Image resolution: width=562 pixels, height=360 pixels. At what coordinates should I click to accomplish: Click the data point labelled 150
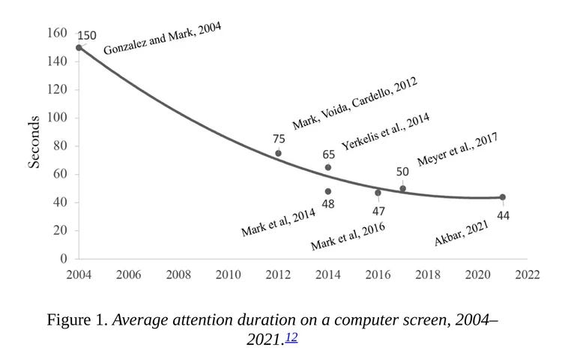(x=79, y=47)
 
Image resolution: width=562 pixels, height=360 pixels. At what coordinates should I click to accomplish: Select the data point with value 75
(x=278, y=153)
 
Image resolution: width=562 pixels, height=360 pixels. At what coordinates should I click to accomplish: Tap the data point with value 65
(x=328, y=167)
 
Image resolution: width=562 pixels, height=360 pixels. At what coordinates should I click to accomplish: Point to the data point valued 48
(x=328, y=191)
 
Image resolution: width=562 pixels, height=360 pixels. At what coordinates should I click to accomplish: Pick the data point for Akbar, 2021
(x=502, y=197)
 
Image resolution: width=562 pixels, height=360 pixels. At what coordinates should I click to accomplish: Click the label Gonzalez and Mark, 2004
(x=163, y=38)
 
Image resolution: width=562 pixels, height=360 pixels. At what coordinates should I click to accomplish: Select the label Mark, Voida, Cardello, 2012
(x=354, y=103)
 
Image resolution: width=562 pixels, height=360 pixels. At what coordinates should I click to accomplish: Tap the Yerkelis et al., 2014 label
(x=386, y=132)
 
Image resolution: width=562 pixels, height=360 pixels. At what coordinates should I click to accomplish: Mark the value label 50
(x=402, y=172)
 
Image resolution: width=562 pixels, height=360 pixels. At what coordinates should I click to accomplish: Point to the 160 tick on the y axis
(x=57, y=33)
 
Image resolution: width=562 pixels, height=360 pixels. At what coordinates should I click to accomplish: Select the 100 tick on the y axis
(x=57, y=118)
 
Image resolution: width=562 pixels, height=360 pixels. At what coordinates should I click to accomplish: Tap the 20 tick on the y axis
(x=60, y=231)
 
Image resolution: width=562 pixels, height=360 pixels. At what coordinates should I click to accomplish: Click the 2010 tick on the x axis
(x=228, y=274)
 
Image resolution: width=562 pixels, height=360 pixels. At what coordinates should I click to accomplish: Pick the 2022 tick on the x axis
(x=528, y=274)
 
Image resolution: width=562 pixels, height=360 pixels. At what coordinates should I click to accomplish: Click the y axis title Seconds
(x=34, y=142)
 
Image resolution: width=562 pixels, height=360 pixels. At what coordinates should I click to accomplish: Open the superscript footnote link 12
(x=291, y=337)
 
